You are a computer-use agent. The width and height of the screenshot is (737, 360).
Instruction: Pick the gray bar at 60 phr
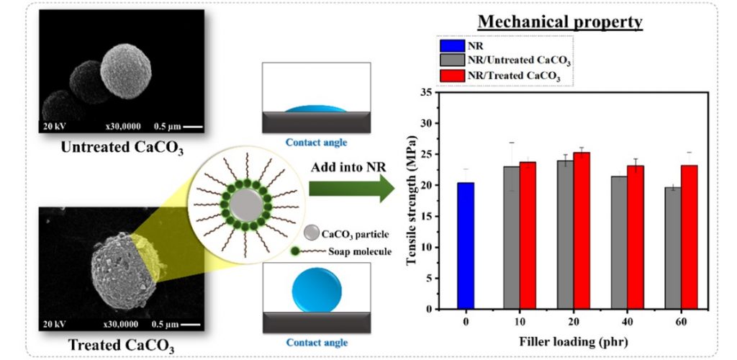coord(673,248)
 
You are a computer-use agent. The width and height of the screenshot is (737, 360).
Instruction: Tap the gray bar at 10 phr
coord(512,238)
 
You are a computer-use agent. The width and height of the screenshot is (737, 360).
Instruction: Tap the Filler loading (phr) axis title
coord(574,342)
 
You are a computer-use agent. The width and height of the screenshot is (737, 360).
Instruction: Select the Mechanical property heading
coord(560,22)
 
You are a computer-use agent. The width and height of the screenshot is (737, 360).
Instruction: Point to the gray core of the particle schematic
coord(247,205)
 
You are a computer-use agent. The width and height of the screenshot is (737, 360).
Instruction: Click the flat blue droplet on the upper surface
coord(316,108)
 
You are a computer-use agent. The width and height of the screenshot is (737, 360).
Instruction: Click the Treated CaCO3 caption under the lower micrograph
coord(122,346)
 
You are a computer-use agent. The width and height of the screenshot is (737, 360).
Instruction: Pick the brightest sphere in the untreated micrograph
coord(126,71)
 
